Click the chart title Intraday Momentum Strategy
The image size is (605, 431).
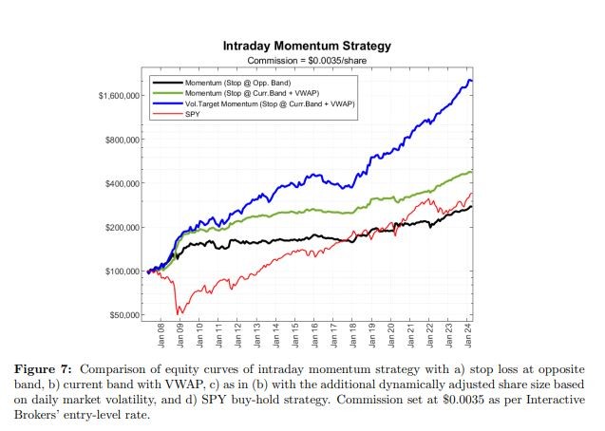[x=306, y=46]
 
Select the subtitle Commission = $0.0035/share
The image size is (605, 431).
[x=306, y=60]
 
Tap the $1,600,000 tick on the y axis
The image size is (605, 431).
[x=119, y=96]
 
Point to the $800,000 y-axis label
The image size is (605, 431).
[x=122, y=140]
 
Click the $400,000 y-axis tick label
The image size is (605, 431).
[x=122, y=183]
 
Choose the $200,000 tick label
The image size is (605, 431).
[x=122, y=228]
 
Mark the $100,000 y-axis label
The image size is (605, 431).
[x=122, y=272]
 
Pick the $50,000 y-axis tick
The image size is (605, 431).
[x=123, y=315]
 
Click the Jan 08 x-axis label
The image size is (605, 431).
[x=161, y=338]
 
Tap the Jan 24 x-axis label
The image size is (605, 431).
[x=468, y=338]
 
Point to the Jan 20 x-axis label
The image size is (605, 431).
[x=391, y=338]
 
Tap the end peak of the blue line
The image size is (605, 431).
[x=469, y=81]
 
